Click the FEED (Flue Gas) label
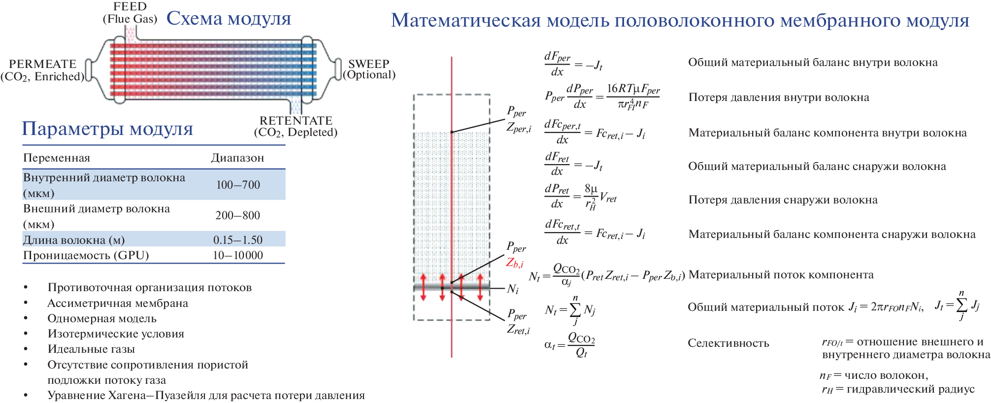(x=130, y=13)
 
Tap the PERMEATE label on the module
(x=43, y=64)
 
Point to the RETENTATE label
(x=296, y=121)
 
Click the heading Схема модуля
(x=229, y=19)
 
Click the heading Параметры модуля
(x=107, y=129)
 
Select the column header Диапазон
(x=237, y=158)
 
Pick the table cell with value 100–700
(x=238, y=185)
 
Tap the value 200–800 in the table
(x=237, y=215)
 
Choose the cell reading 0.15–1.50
(x=238, y=240)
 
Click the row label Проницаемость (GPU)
(x=86, y=255)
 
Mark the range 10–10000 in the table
(x=238, y=255)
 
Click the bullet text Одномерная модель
(x=102, y=318)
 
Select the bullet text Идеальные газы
(x=91, y=349)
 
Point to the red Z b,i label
(x=515, y=263)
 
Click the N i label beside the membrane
(x=513, y=289)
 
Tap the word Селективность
(x=728, y=343)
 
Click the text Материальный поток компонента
(x=781, y=275)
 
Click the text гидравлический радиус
(x=910, y=389)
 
